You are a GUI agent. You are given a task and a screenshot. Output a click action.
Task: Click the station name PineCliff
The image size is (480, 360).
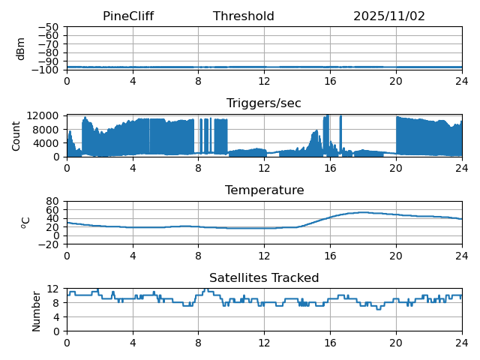pyautogui.click(x=128, y=16)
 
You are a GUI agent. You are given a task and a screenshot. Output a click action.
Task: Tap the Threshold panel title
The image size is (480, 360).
pyautogui.click(x=244, y=16)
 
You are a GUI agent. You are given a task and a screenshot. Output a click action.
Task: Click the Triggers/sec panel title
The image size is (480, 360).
pyautogui.click(x=264, y=103)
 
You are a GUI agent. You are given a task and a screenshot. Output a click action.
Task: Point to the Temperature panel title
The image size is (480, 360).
pyautogui.click(x=264, y=190)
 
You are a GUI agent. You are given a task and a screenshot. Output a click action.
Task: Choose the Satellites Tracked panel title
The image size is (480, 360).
pyautogui.click(x=264, y=278)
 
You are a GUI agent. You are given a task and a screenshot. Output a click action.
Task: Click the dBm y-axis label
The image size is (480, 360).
pyautogui.click(x=21, y=48)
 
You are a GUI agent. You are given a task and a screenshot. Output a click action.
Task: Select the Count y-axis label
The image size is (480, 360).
pyautogui.click(x=16, y=136)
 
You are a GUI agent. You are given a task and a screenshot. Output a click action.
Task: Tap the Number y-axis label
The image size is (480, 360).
pyautogui.click(x=37, y=310)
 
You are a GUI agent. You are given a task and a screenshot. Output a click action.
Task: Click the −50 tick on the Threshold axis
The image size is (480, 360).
pyautogui.click(x=49, y=27)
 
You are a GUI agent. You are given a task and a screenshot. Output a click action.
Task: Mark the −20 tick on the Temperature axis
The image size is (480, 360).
pyautogui.click(x=49, y=244)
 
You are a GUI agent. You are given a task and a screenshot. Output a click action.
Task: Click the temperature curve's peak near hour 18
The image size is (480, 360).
pyautogui.click(x=363, y=212)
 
